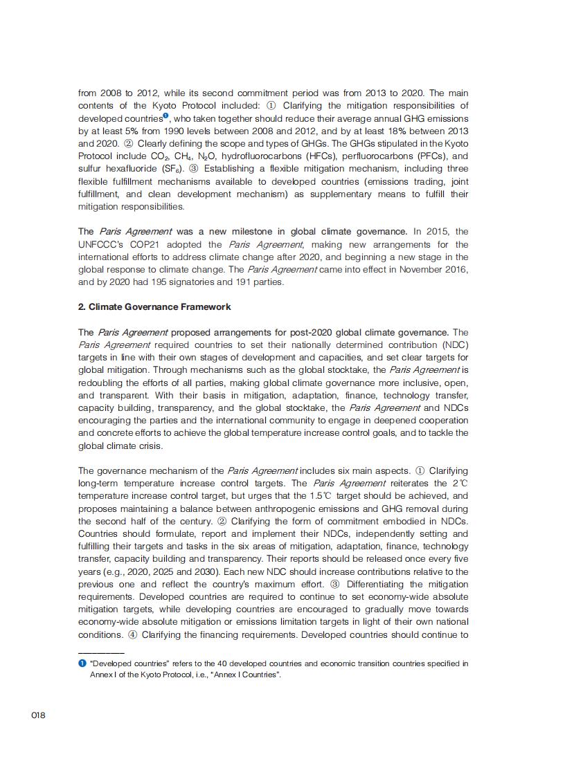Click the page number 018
pos(38,715)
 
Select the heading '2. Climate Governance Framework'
pos(154,306)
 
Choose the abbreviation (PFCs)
pos(430,156)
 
